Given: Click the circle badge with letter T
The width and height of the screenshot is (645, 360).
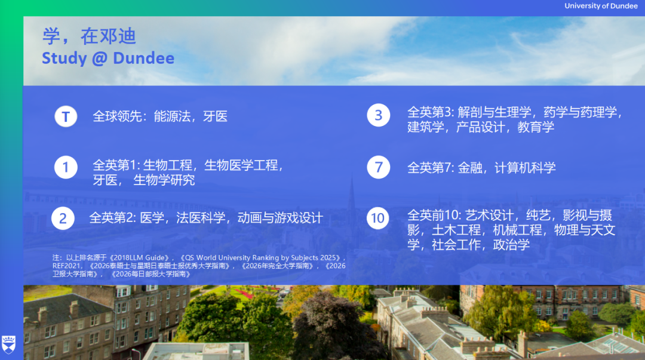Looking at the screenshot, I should coord(66,116).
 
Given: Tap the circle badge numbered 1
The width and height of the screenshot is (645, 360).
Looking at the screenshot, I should coord(66,167).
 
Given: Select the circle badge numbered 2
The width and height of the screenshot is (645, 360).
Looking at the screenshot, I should coord(63,219).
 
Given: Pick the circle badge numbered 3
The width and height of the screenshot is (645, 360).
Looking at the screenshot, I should coord(378,115).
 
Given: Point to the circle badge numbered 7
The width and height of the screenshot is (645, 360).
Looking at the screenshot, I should coord(378,167).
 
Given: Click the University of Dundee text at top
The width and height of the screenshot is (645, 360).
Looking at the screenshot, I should coord(601,6).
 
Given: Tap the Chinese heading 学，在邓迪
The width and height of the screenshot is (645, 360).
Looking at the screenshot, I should coord(89,36).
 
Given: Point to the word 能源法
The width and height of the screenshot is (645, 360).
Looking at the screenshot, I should coord(172,116).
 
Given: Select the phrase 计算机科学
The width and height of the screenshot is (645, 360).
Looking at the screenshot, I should coord(525,168).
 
